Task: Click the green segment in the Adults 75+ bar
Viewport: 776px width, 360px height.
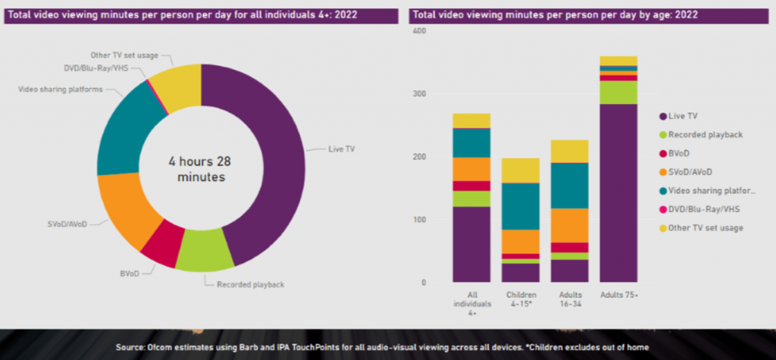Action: coord(618,92)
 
